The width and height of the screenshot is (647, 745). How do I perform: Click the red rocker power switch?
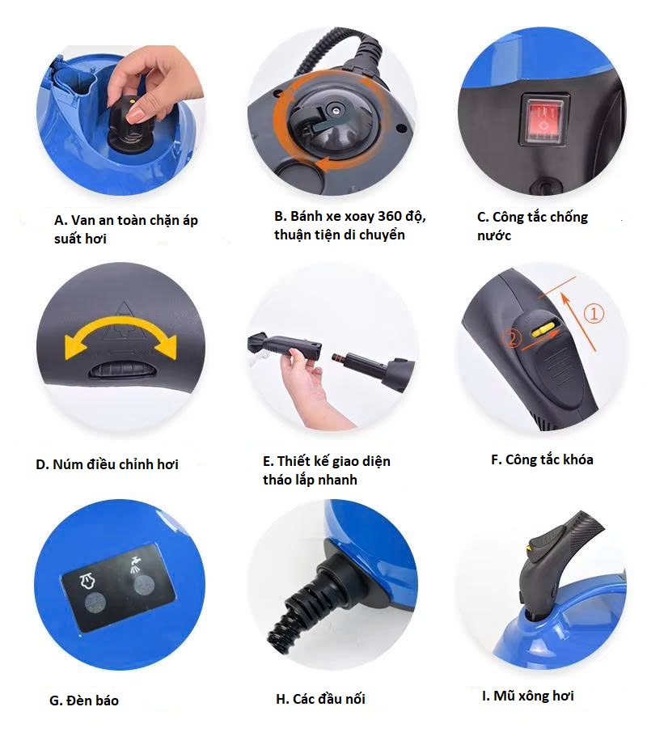tap(544, 120)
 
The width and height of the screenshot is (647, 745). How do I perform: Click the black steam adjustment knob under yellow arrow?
tap(121, 369)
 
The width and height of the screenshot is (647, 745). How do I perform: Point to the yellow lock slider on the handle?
tap(543, 330)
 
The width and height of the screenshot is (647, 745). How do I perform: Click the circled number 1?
tap(594, 314)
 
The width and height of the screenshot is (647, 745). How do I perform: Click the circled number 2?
tap(512, 339)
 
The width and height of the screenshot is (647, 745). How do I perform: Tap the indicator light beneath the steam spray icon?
tap(143, 584)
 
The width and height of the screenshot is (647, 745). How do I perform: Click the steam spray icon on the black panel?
tap(135, 562)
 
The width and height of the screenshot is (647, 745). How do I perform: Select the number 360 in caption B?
tap(390, 216)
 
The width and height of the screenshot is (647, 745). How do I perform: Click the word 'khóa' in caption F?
tap(577, 459)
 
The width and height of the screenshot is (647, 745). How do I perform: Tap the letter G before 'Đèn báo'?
tap(55, 701)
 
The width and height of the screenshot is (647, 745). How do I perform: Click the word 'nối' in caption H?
tap(355, 699)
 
